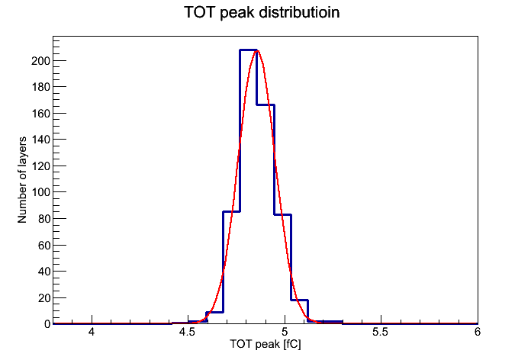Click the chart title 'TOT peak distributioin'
pyautogui.click(x=262, y=12)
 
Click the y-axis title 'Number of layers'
pyautogui.click(x=22, y=180)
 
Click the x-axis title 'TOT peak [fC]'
pyautogui.click(x=265, y=344)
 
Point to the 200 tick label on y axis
pyautogui.click(x=40, y=61)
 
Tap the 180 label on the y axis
pyautogui.click(x=40, y=87)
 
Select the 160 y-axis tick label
pyautogui.click(x=40, y=114)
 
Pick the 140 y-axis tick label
pyautogui.click(x=40, y=140)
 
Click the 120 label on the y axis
pyautogui.click(x=40, y=166)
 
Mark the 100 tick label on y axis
pyautogui.click(x=40, y=192)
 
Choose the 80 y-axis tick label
pyautogui.click(x=43, y=219)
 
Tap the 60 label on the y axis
pyautogui.click(x=43, y=245)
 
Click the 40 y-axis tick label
pyautogui.click(x=43, y=272)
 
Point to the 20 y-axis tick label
pyautogui.click(x=43, y=297)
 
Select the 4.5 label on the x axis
pyautogui.click(x=187, y=332)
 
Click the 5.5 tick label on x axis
pyautogui.click(x=380, y=332)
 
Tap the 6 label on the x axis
pyautogui.click(x=477, y=332)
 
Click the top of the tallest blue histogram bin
pyautogui.click(x=248, y=50)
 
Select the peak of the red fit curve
pyautogui.click(x=257, y=51)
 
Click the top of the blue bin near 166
pyautogui.click(x=265, y=105)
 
